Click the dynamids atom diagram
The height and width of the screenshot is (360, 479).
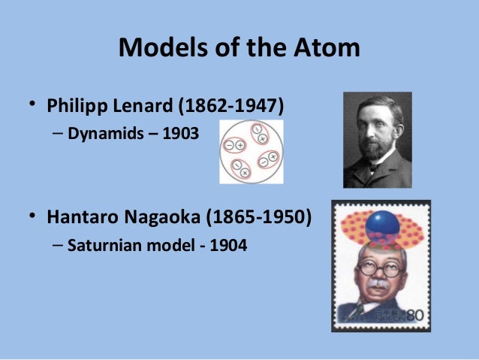click(x=251, y=152)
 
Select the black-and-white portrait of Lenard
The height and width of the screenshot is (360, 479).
click(x=377, y=140)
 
